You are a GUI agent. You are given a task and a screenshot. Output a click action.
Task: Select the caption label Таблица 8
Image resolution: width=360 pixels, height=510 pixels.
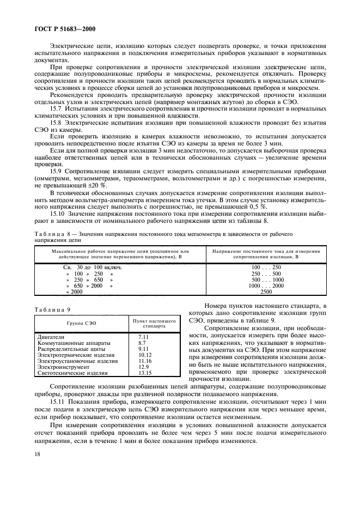52,234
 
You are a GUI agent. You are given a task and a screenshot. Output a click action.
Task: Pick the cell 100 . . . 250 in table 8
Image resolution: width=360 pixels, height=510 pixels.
266,268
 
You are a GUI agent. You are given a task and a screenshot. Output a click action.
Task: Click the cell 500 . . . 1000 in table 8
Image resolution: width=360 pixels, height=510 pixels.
266,280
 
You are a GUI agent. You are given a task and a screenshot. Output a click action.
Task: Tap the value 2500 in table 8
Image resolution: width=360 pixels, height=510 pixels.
266,292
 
